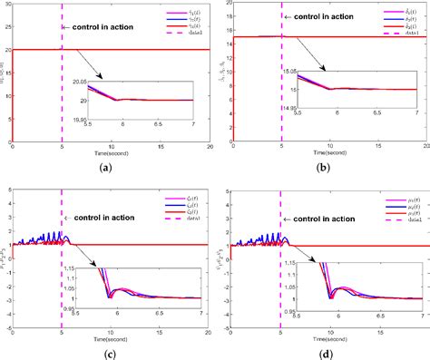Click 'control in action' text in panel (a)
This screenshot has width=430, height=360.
click(101, 27)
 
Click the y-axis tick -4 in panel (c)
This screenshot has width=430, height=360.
click(6, 325)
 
